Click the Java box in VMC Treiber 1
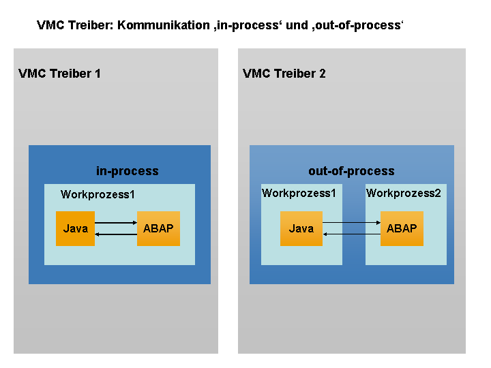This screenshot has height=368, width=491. [x=75, y=228]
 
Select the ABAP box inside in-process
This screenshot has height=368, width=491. [x=158, y=228]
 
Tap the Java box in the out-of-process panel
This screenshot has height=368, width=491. [x=301, y=228]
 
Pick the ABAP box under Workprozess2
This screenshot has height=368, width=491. [x=402, y=228]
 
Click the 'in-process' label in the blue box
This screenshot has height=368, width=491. [x=127, y=171]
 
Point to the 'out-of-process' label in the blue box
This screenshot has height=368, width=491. [x=351, y=171]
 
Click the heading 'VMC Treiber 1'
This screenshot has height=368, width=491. [x=59, y=74]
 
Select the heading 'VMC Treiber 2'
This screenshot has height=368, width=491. [x=284, y=74]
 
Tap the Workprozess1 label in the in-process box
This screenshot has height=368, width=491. [x=98, y=195]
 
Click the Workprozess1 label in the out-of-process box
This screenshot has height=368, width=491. [x=299, y=193]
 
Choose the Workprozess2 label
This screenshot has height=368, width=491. [x=403, y=193]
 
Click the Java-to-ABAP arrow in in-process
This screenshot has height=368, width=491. [x=116, y=222]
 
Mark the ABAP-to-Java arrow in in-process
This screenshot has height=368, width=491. [x=116, y=234]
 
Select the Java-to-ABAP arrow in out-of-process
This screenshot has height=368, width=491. [x=351, y=222]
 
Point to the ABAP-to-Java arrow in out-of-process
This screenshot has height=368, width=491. [x=351, y=234]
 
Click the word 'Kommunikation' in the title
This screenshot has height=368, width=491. [x=164, y=25]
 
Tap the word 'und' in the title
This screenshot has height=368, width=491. [x=297, y=25]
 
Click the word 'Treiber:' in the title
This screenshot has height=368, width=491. [x=91, y=25]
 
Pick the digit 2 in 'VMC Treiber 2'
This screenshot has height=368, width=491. [x=322, y=74]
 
